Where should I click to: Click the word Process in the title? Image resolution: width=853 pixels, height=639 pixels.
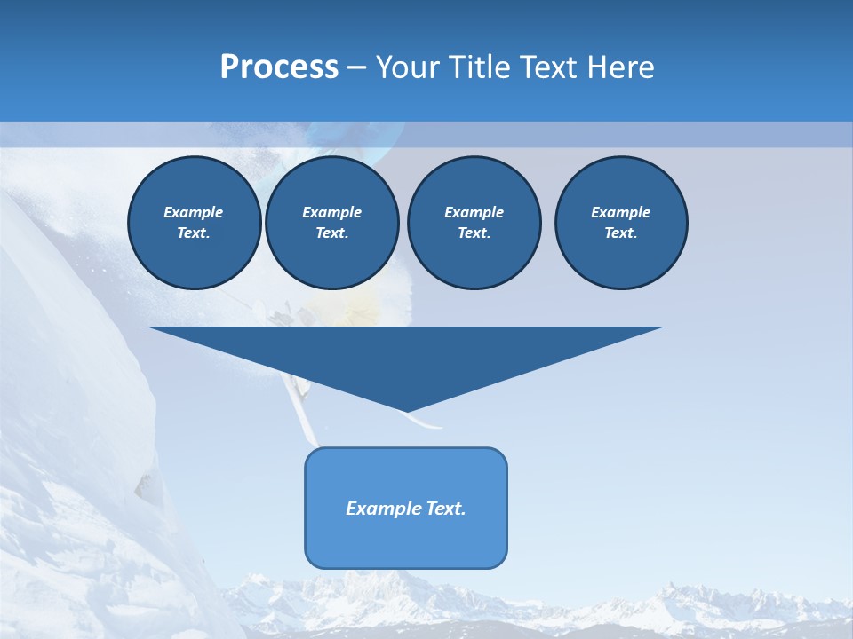click(x=279, y=67)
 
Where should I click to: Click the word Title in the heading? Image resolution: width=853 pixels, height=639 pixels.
click(x=477, y=67)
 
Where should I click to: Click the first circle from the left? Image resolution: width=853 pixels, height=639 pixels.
click(x=194, y=223)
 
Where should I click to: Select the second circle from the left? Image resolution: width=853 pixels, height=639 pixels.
click(x=331, y=223)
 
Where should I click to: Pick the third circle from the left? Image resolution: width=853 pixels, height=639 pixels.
click(x=474, y=223)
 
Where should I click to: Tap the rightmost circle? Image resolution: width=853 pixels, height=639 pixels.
click(x=621, y=223)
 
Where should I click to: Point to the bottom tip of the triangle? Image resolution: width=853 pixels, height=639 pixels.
click(x=406, y=412)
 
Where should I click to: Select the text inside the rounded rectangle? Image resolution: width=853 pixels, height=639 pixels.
click(x=406, y=509)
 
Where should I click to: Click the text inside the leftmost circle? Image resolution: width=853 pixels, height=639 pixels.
click(x=194, y=223)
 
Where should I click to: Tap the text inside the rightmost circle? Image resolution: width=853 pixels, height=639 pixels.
click(x=621, y=223)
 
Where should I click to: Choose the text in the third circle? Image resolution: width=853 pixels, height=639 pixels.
click(x=474, y=223)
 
